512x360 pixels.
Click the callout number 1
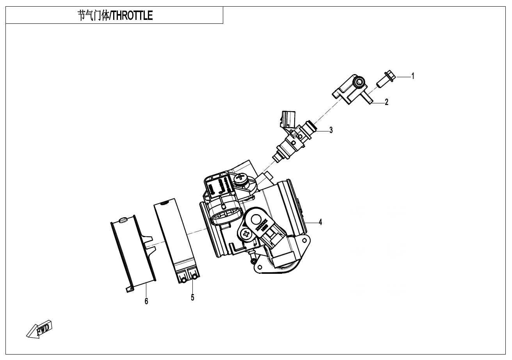tap(413, 76)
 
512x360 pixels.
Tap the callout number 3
tap(331, 130)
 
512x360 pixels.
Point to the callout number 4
tap(320, 222)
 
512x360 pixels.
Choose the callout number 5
tap(192, 298)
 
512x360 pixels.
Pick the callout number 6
tap(146, 301)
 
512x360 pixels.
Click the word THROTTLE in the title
tap(132, 16)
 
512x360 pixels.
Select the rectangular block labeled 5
tap(178, 240)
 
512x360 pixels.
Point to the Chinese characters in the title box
tap(92, 16)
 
